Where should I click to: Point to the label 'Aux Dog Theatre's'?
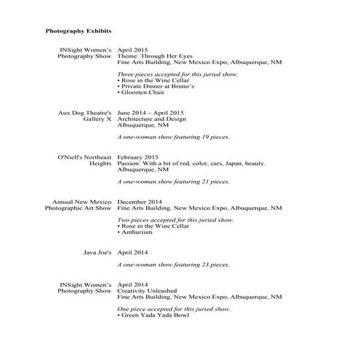click(84, 113)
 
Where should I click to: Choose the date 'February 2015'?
click(138, 157)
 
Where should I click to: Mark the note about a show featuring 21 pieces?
click(173, 181)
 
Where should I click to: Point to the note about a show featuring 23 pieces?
click(173, 264)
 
